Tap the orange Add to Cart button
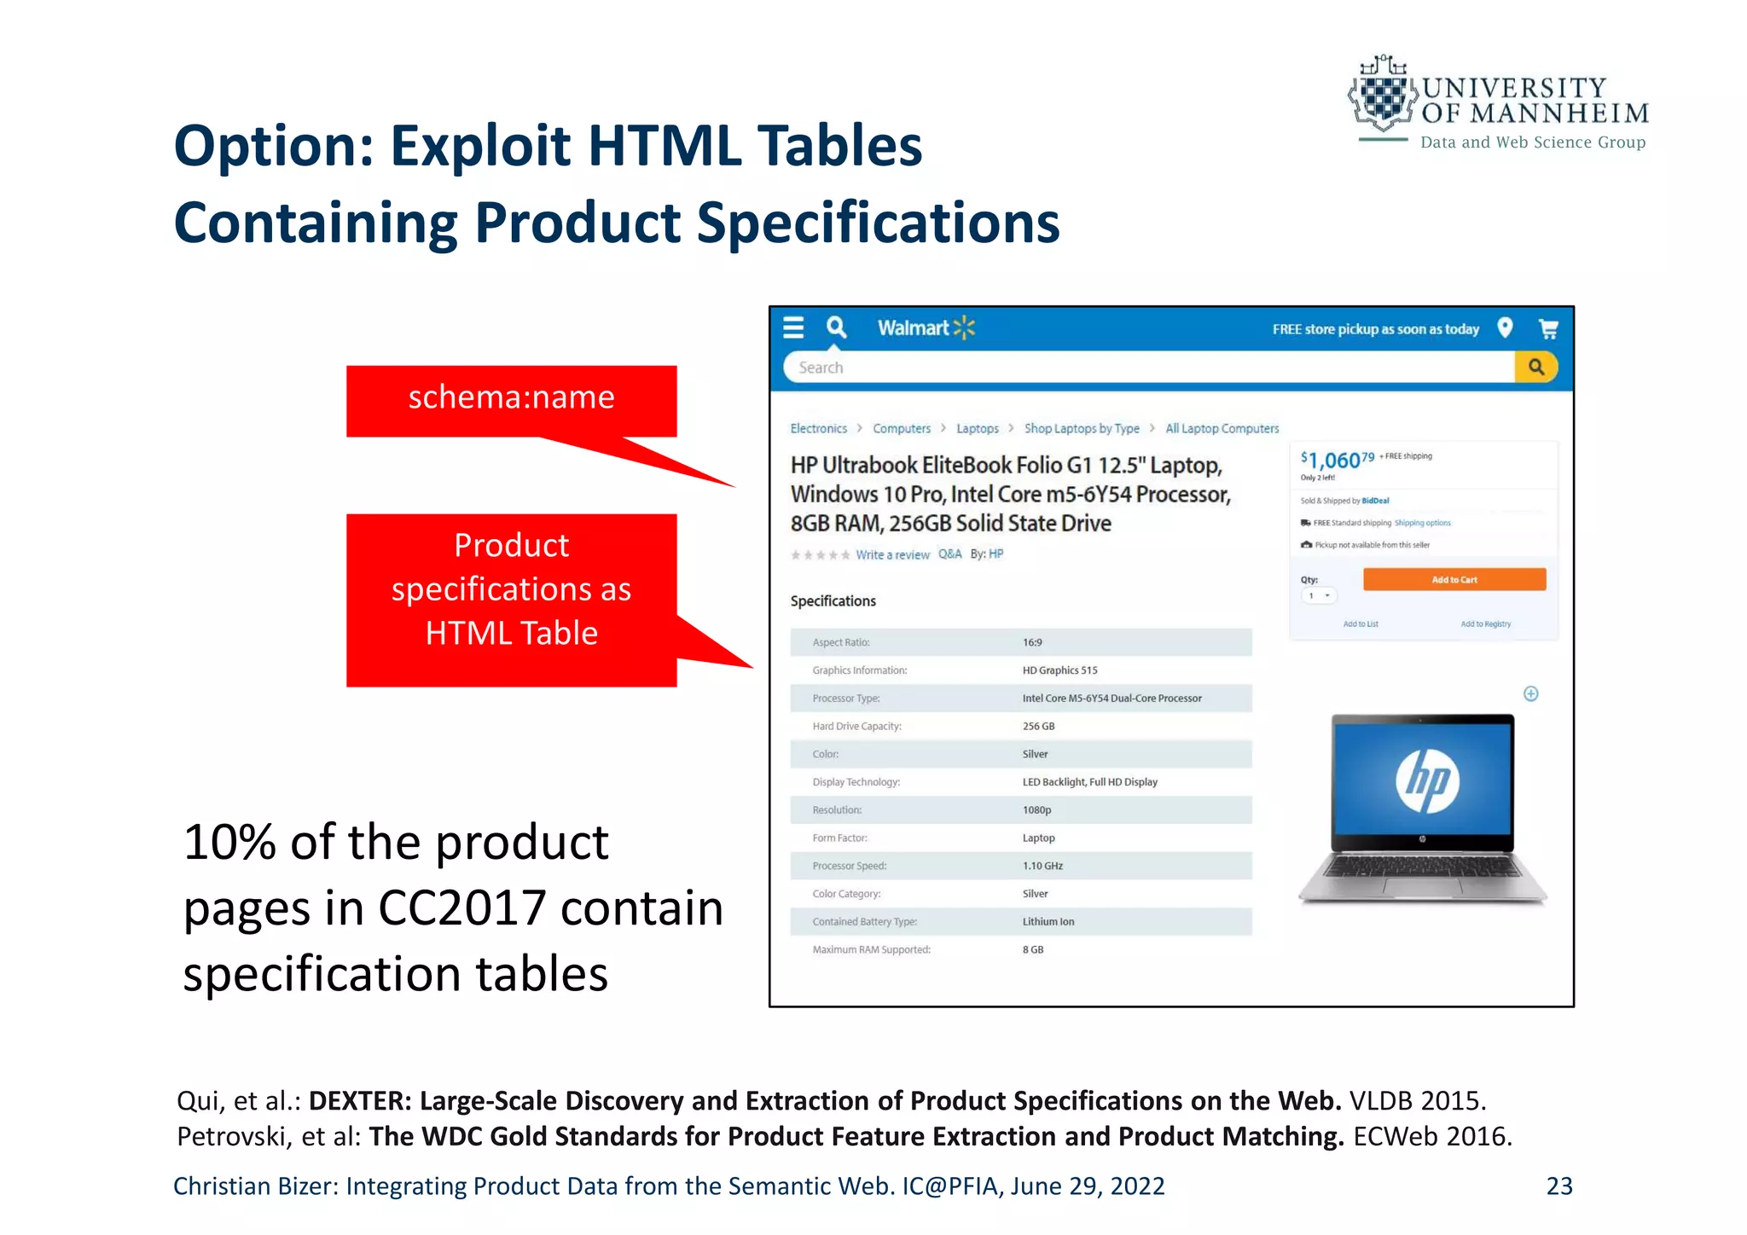pyautogui.click(x=1454, y=580)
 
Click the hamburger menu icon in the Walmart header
pyautogui.click(x=793, y=328)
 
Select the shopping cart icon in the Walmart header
pyautogui.click(x=1548, y=328)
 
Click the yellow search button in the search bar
pyautogui.click(x=1536, y=368)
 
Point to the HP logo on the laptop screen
pyautogui.click(x=1427, y=780)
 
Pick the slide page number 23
pyautogui.click(x=1559, y=1186)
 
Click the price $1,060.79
pyautogui.click(x=1337, y=461)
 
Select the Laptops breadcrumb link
pyautogui.click(x=977, y=429)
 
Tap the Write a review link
pyautogui.click(x=892, y=555)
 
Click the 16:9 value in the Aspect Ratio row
pyautogui.click(x=1032, y=643)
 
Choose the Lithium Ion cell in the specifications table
pyautogui.click(x=1048, y=922)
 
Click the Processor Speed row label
pyautogui.click(x=850, y=867)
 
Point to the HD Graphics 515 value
pyautogui.click(x=1059, y=670)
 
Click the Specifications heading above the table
pyautogui.click(x=833, y=601)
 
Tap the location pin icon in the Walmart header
pyautogui.click(x=1506, y=328)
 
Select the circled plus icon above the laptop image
pyautogui.click(x=1531, y=694)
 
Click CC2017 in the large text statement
pyautogui.click(x=461, y=908)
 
